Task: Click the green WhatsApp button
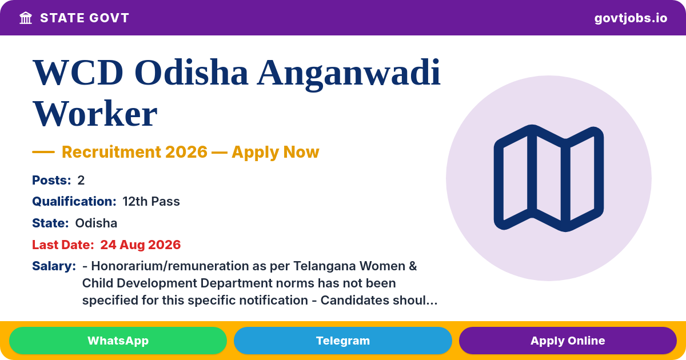118,341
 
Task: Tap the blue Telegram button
342,341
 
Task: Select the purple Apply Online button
568,341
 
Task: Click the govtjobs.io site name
631,18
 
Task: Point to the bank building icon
26,18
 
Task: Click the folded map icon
549,178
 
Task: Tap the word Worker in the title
95,114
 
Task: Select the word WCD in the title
78,73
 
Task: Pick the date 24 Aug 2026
141,245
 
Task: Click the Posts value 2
81,181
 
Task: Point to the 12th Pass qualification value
151,201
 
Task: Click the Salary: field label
54,266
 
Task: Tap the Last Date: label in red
63,245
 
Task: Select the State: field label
50,223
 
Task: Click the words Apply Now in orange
276,152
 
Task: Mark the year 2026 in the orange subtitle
186,152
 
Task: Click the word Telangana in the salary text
324,266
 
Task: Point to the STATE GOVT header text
85,18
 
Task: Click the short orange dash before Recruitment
43,152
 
